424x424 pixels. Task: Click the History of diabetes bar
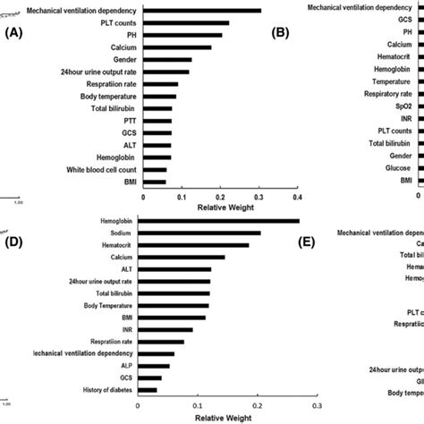[148, 390]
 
